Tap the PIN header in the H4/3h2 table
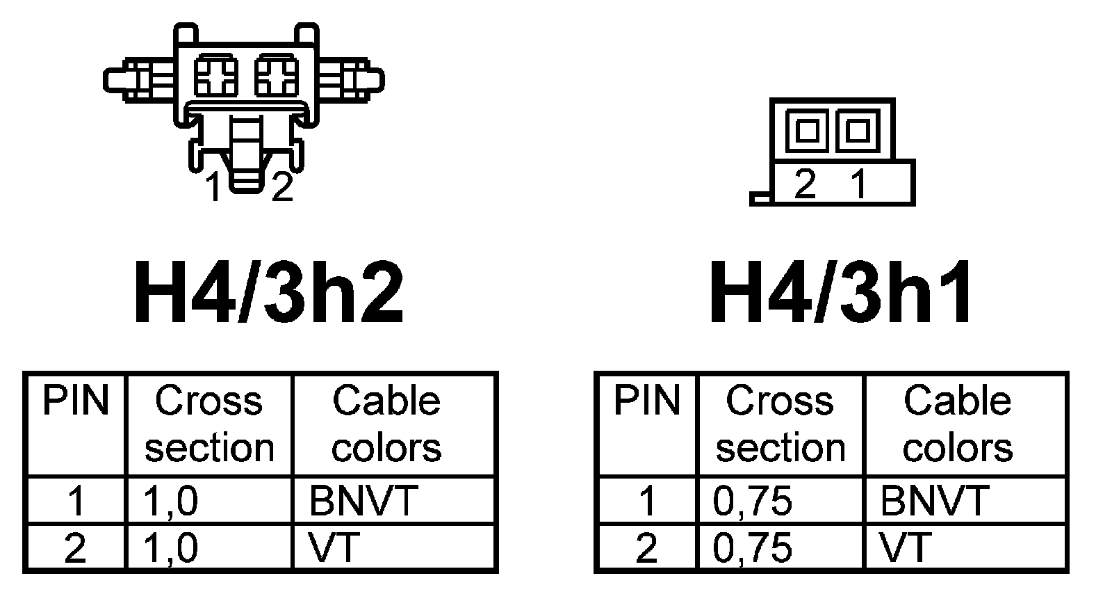pyautogui.click(x=76, y=402)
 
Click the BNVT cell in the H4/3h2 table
pyautogui.click(x=363, y=500)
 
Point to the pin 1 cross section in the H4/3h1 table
pyautogui.click(x=753, y=500)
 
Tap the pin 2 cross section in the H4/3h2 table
pyautogui.click(x=170, y=547)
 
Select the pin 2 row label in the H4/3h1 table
pyautogui.click(x=646, y=547)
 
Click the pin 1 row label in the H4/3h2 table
pyautogui.click(x=76, y=500)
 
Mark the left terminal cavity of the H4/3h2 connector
pyautogui.click(x=216, y=75)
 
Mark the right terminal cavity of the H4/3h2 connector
pyautogui.click(x=277, y=75)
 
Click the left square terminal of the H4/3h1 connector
pyautogui.click(x=807, y=130)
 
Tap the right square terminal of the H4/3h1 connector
pyautogui.click(x=858, y=130)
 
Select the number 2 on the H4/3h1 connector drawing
pyautogui.click(x=805, y=184)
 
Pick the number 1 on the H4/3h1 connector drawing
pyautogui.click(x=860, y=184)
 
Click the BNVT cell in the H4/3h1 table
pyautogui.click(x=934, y=500)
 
